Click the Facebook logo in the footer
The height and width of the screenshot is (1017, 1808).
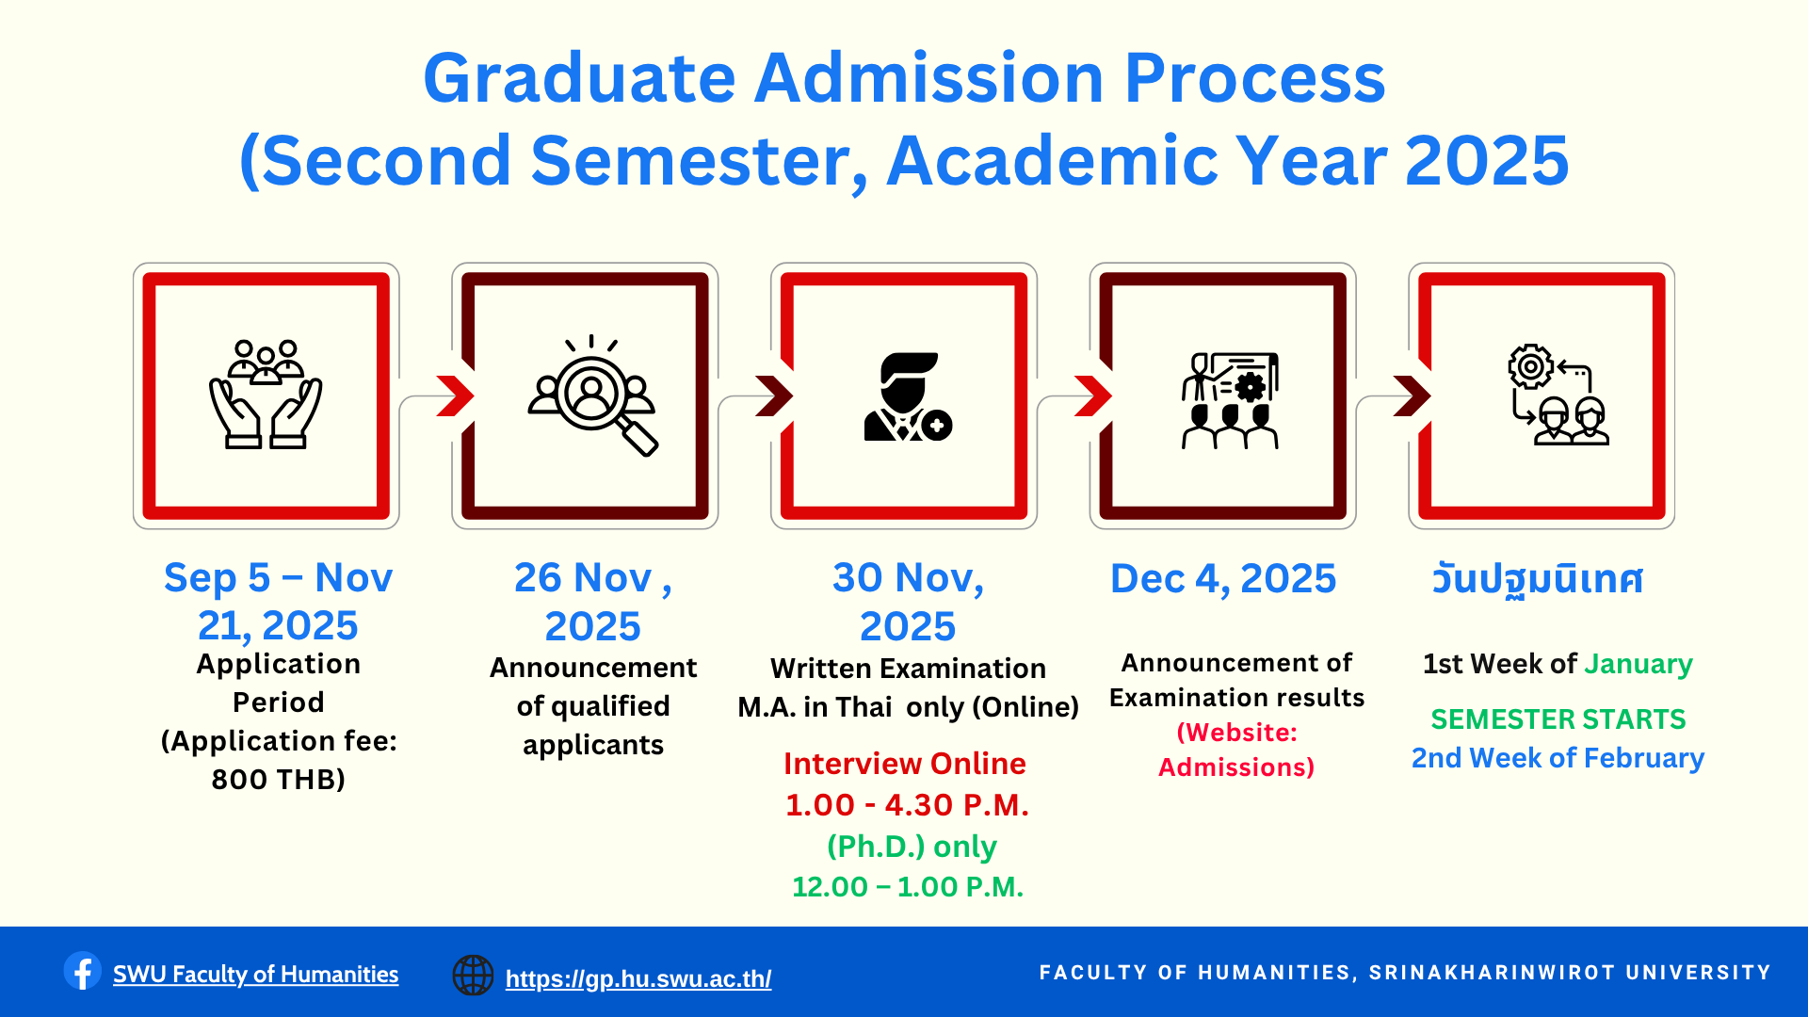[x=83, y=971]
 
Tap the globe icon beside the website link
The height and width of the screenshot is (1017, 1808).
[x=473, y=975]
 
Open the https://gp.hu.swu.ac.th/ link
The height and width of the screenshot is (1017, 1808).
[x=638, y=978]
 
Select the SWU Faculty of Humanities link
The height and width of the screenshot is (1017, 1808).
[x=255, y=974]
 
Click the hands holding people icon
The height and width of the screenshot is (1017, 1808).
[x=266, y=395]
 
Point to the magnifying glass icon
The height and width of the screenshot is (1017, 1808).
[x=592, y=395]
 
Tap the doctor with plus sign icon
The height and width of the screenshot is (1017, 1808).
[x=908, y=396]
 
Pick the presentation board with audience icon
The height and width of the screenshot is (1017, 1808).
[x=1230, y=400]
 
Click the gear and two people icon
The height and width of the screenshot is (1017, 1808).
[x=1558, y=395]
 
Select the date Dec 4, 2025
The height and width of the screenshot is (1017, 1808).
[x=1223, y=578]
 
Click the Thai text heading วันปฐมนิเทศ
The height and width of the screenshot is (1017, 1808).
[x=1537, y=578]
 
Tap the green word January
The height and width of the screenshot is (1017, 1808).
[x=1638, y=664]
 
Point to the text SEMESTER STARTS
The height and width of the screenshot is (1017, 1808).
[x=1558, y=718]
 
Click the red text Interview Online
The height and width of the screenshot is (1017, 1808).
[x=905, y=763]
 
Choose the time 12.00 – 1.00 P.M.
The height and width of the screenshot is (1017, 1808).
[x=908, y=886]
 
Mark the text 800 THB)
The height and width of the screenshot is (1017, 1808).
[x=279, y=779]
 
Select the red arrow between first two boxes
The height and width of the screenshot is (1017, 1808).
[x=456, y=395]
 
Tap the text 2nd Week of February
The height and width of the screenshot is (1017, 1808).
[x=1558, y=758]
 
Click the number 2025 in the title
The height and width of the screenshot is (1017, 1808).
[x=1487, y=160]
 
